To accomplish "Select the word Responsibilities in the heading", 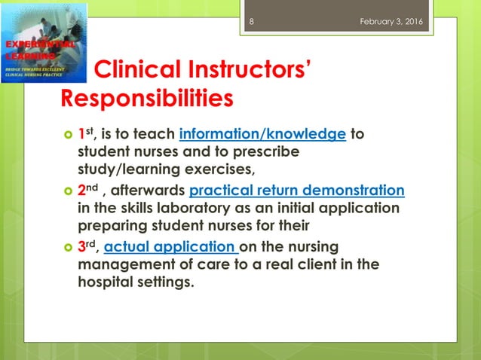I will (x=146, y=99).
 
